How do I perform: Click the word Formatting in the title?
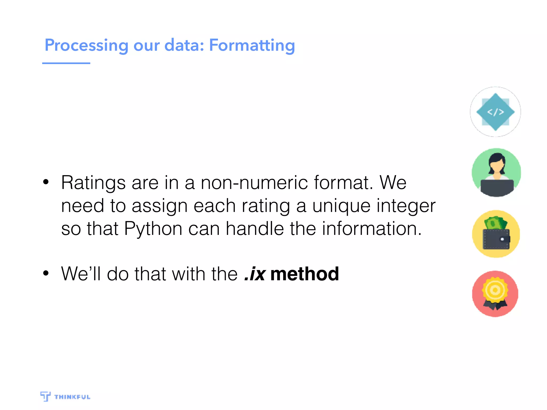[252, 45]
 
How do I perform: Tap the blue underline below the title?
[66, 63]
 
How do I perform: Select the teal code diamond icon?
[495, 112]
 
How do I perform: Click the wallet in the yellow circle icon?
[496, 239]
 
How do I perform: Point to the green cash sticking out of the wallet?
[495, 223]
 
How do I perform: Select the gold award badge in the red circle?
[495, 290]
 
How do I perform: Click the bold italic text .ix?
[255, 274]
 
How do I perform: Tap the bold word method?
[304, 274]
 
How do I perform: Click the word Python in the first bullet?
[153, 229]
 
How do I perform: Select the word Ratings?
[93, 183]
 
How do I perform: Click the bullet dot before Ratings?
[46, 182]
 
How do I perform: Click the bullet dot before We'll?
[46, 273]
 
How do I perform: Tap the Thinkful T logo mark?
[45, 396]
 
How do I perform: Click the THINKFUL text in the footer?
[72, 397]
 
